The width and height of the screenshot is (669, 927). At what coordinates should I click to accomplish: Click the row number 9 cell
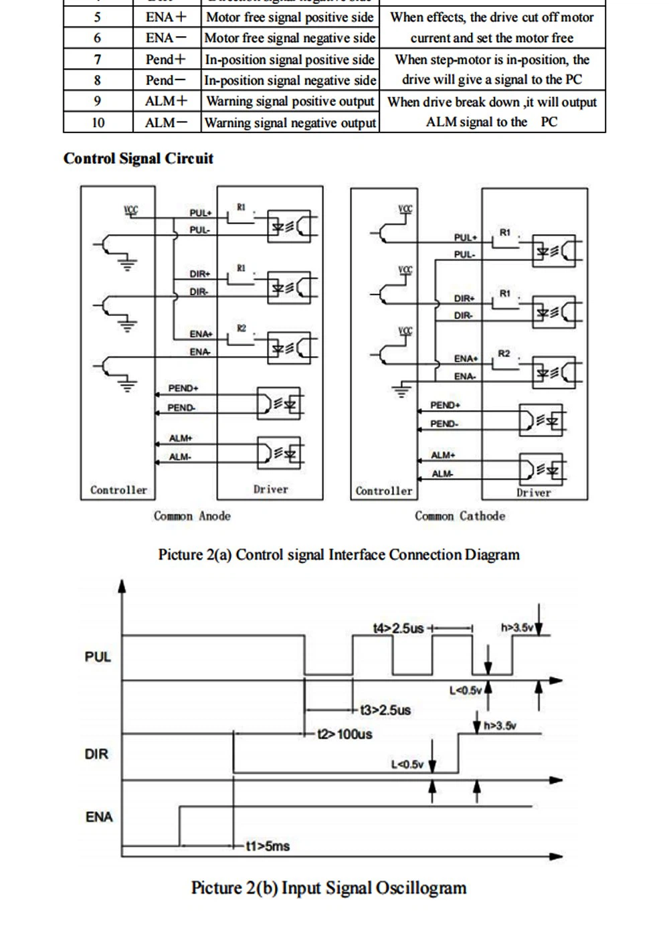pyautogui.click(x=98, y=101)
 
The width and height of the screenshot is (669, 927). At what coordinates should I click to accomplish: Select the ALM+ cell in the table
pyautogui.click(x=166, y=101)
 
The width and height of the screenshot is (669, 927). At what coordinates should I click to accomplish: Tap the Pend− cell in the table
pyautogui.click(x=166, y=80)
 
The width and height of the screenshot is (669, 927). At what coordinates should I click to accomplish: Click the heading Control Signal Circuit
pyautogui.click(x=138, y=159)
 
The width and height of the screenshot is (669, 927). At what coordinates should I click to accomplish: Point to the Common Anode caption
pyautogui.click(x=192, y=516)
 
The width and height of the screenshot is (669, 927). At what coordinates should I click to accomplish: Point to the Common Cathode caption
pyautogui.click(x=460, y=516)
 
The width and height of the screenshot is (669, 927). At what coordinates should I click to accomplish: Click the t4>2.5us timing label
pyautogui.click(x=398, y=628)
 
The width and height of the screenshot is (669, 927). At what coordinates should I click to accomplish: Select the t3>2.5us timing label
pyautogui.click(x=385, y=710)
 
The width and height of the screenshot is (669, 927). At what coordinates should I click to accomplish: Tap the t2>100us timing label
pyautogui.click(x=345, y=734)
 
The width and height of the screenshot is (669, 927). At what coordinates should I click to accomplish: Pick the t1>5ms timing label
pyautogui.click(x=268, y=846)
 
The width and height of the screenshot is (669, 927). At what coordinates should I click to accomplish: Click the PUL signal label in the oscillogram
pyautogui.click(x=98, y=657)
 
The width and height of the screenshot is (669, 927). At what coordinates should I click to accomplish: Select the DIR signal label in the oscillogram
pyautogui.click(x=96, y=754)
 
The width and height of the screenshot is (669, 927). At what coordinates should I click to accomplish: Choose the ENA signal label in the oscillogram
pyautogui.click(x=99, y=817)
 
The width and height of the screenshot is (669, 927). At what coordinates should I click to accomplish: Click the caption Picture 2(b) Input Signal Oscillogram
pyautogui.click(x=328, y=888)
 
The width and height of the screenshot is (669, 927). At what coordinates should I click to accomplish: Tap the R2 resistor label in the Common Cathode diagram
pyautogui.click(x=504, y=353)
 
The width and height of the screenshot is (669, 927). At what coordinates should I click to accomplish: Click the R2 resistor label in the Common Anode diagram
pyautogui.click(x=242, y=328)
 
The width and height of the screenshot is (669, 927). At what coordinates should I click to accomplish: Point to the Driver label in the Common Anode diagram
pyautogui.click(x=270, y=489)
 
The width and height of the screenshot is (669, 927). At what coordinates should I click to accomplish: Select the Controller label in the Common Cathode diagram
pyautogui.click(x=384, y=491)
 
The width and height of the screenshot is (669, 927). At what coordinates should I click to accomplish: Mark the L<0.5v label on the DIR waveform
pyautogui.click(x=407, y=764)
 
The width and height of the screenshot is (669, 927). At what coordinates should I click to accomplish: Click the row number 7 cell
pyautogui.click(x=98, y=60)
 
